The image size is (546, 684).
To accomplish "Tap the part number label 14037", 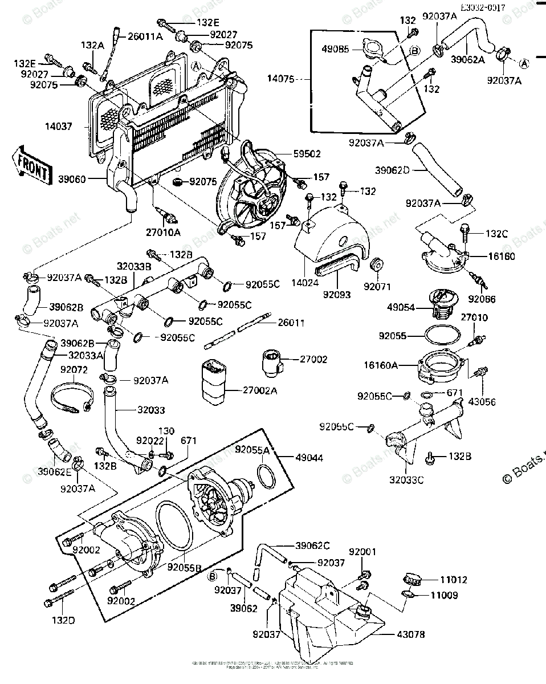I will click(x=60, y=127).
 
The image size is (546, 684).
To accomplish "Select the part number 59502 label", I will click(x=307, y=153).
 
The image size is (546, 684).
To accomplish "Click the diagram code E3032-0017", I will click(x=484, y=9).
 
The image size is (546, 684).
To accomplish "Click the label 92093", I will click(x=337, y=295).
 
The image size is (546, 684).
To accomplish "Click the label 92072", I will click(x=74, y=369).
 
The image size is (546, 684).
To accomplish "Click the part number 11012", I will click(x=453, y=580).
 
